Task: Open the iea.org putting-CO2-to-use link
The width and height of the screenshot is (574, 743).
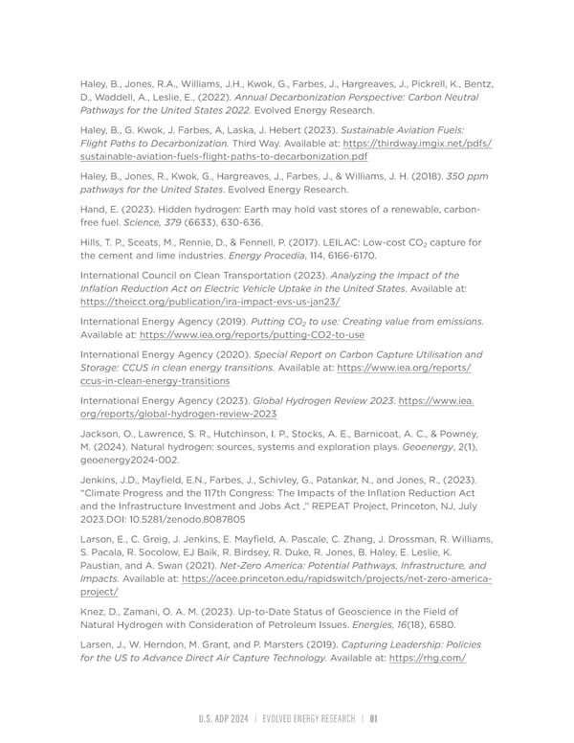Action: point(252,336)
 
